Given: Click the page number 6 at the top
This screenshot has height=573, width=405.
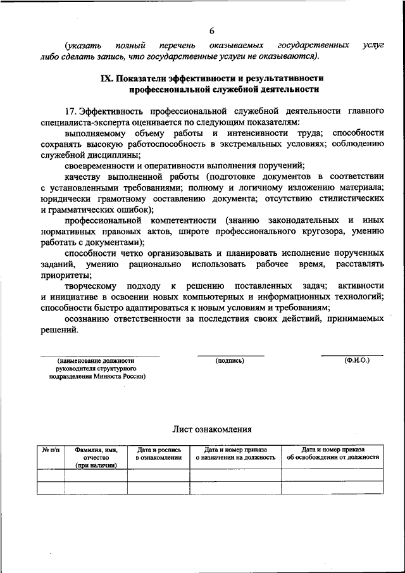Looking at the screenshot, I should coord(212,30).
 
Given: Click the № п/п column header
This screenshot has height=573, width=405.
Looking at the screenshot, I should coord(51,449).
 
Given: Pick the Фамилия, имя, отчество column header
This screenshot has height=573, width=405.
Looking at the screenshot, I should coord(96,457).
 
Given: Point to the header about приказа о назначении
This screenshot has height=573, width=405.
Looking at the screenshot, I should coord(235,453).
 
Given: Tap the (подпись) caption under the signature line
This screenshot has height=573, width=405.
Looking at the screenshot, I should coord(230,360).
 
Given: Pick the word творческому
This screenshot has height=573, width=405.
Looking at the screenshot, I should coord(93,286).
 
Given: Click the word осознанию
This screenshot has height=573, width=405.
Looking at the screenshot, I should coord(89,318).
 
